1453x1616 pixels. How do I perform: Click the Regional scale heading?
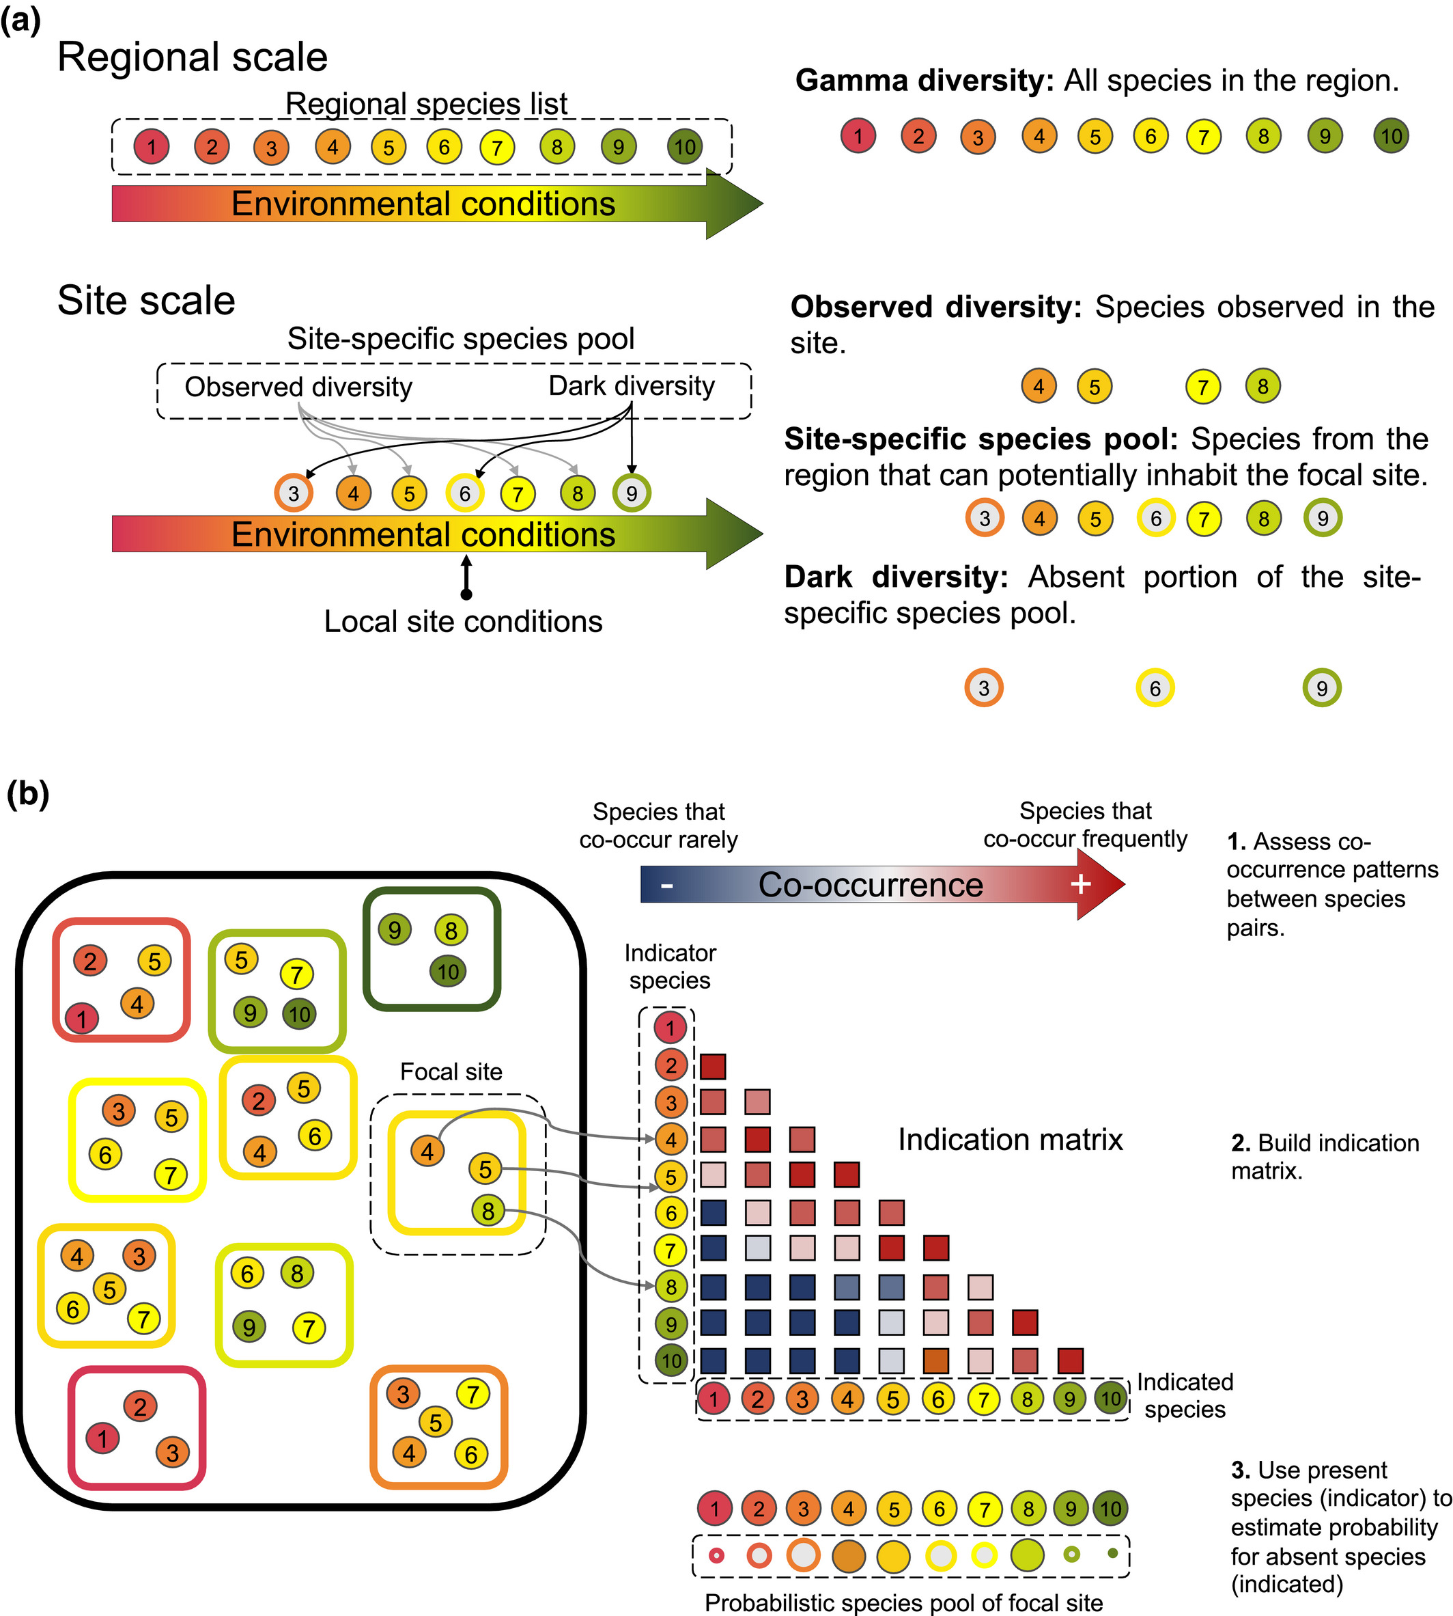tap(193, 57)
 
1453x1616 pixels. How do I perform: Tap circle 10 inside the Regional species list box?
tap(684, 147)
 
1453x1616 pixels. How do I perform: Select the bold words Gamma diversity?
tap(925, 81)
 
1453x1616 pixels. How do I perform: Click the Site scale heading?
tap(146, 301)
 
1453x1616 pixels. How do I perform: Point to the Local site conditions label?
tap(463, 622)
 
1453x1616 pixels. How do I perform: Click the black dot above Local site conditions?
tap(466, 594)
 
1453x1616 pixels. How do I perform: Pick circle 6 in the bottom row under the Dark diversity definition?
tap(1155, 688)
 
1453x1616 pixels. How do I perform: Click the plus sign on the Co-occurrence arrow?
tap(1080, 884)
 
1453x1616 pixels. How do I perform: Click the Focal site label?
tap(451, 1071)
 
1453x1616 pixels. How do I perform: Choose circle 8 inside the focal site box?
tap(488, 1211)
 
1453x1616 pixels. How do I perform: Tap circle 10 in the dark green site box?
tap(448, 972)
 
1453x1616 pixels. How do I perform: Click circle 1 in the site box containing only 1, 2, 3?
tap(102, 1438)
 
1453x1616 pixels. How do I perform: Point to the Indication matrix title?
tap(1010, 1139)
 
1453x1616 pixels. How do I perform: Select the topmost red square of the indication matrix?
tap(713, 1067)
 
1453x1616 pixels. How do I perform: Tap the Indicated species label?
tap(1185, 1395)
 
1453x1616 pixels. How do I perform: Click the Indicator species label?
tap(670, 967)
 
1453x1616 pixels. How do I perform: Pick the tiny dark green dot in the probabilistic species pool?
tap(1112, 1554)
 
